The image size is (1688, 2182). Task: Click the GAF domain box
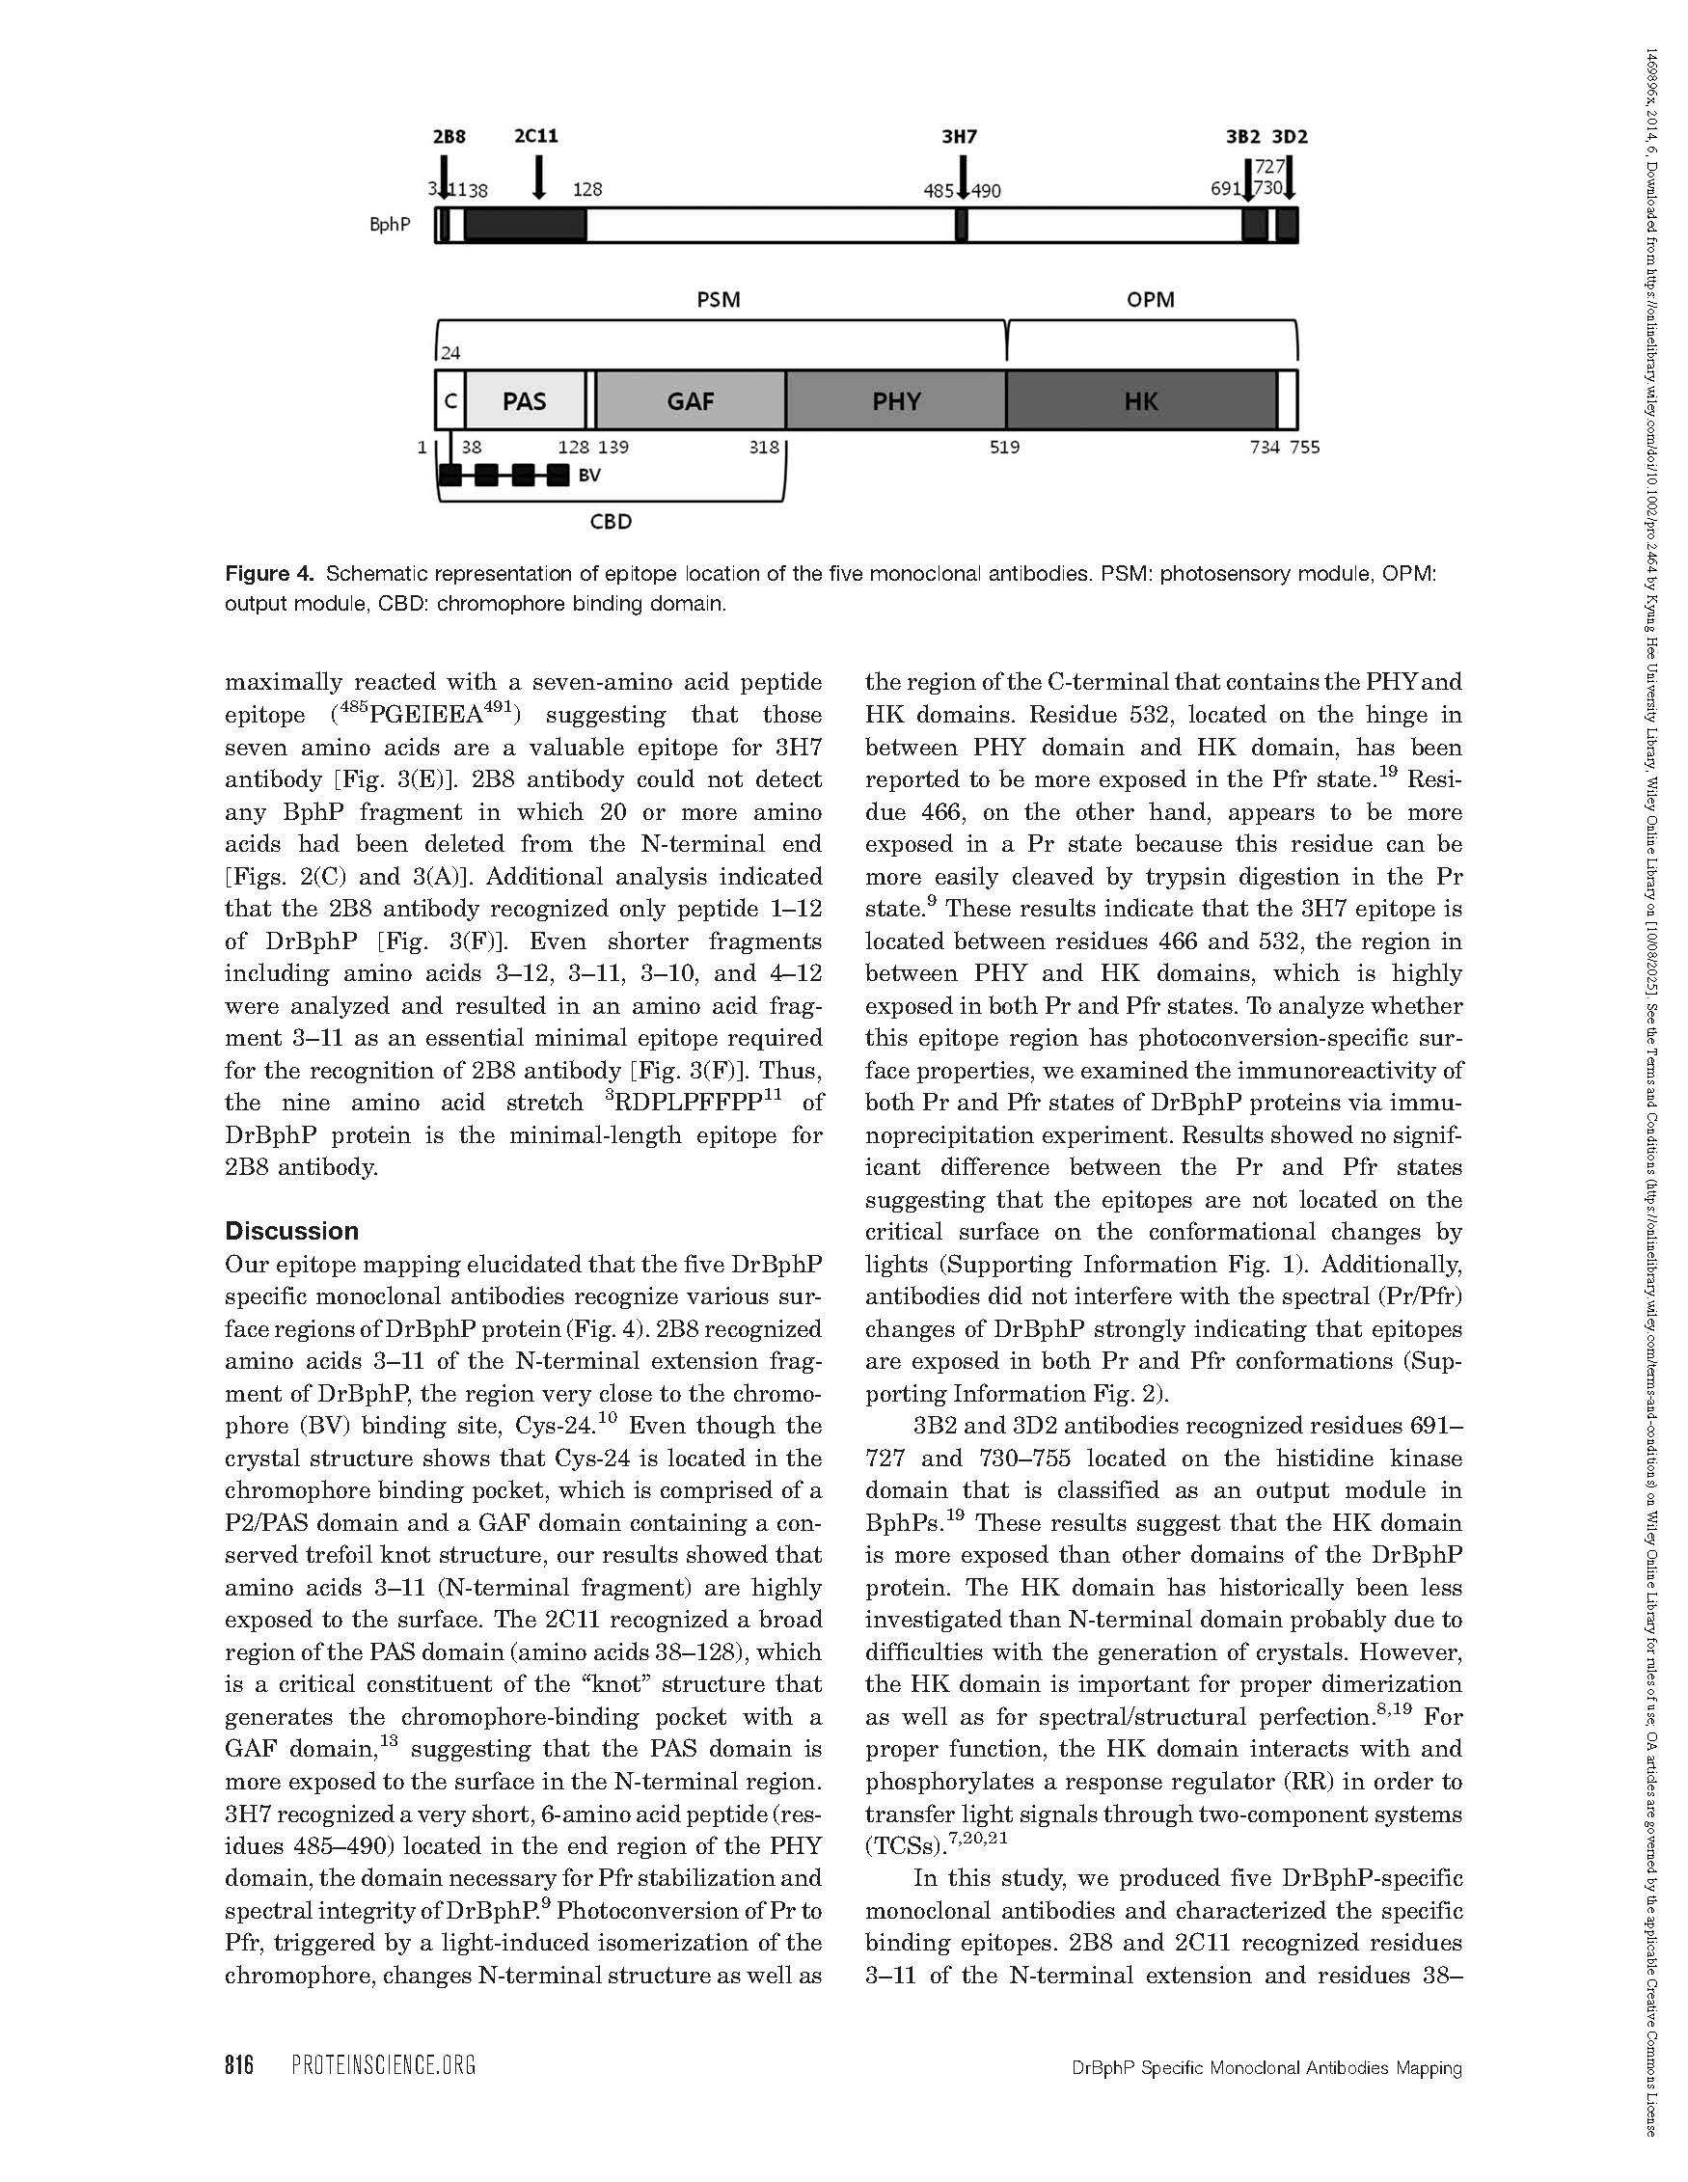691,400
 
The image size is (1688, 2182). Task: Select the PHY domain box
896,400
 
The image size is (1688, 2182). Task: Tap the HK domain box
1141,400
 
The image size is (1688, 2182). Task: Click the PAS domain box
525,400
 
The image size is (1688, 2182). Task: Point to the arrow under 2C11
538,177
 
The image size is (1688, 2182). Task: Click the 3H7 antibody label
959,137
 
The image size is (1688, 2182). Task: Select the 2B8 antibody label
449,137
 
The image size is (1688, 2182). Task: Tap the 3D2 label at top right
1290,137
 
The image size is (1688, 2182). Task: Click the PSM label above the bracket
719,300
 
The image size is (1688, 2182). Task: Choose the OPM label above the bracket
1151,300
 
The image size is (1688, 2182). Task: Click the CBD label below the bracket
611,522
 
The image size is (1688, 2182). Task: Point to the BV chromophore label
589,476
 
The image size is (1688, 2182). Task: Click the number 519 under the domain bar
1005,448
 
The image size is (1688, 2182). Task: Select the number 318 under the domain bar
763,448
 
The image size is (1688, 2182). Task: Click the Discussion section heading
290,1231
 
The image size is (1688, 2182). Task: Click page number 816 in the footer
240,2065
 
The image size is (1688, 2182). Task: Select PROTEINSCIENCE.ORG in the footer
384,2065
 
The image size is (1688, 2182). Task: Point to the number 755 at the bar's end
1303,448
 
